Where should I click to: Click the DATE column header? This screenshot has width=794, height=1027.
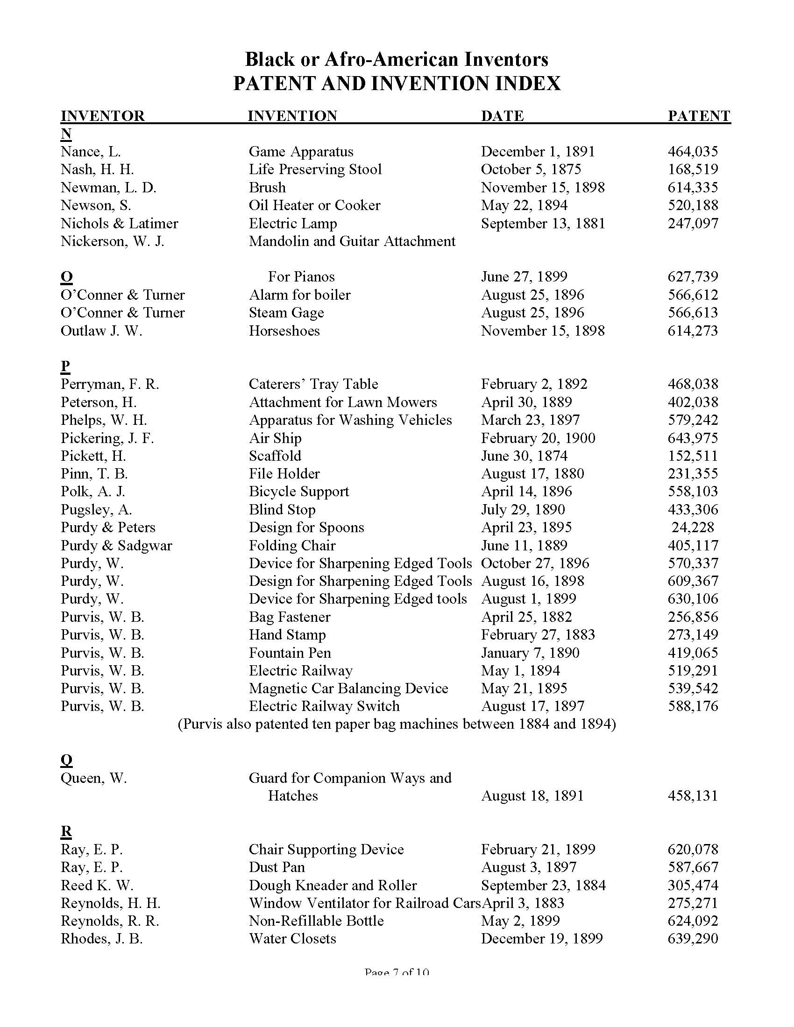pyautogui.click(x=502, y=116)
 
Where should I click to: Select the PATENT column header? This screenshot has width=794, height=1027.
pyautogui.click(x=699, y=116)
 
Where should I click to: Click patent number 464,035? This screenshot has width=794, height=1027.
pyautogui.click(x=693, y=151)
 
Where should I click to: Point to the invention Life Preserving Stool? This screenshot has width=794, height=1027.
pyautogui.click(x=315, y=169)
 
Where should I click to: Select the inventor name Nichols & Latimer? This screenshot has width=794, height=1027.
pyautogui.click(x=120, y=223)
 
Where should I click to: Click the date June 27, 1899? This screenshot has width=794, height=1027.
pyautogui.click(x=524, y=276)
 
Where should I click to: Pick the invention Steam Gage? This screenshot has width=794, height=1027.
pyautogui.click(x=286, y=313)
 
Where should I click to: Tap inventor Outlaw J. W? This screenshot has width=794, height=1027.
pyautogui.click(x=101, y=331)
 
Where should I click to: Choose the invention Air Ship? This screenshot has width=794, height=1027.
pyautogui.click(x=275, y=438)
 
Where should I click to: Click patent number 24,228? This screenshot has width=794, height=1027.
pyautogui.click(x=693, y=528)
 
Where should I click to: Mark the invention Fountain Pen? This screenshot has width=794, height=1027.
pyautogui.click(x=290, y=653)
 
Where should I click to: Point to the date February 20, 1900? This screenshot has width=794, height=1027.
pyautogui.click(x=538, y=438)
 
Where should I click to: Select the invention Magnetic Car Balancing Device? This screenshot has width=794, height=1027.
pyautogui.click(x=348, y=689)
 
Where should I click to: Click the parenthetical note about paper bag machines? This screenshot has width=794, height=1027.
pyautogui.click(x=397, y=724)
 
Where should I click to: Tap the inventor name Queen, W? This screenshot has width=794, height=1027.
pyautogui.click(x=93, y=778)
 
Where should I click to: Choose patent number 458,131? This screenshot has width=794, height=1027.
pyautogui.click(x=693, y=796)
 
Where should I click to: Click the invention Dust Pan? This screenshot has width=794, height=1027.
pyautogui.click(x=277, y=868)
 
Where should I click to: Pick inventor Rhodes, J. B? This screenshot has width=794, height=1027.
pyautogui.click(x=102, y=939)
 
